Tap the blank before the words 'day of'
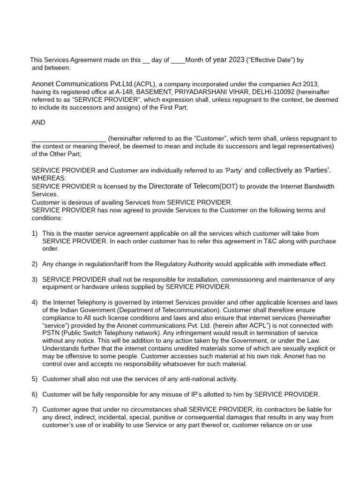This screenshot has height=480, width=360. click(x=146, y=61)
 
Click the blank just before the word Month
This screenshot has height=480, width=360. click(x=178, y=61)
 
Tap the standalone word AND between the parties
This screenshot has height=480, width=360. click(x=38, y=122)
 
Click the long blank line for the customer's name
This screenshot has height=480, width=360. click(x=69, y=139)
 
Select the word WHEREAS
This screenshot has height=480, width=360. click(x=49, y=178)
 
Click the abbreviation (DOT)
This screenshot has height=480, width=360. click(x=229, y=187)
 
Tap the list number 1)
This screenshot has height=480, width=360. click(x=35, y=233)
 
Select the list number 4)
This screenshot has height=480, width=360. click(x=35, y=302)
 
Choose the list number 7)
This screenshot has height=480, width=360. click(x=35, y=410)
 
